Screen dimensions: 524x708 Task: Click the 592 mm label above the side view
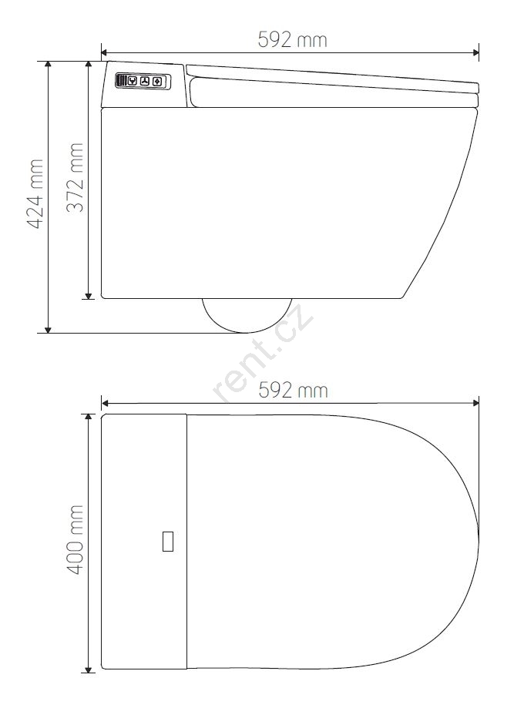pyautogui.click(x=292, y=40)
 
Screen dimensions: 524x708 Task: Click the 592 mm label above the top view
pyautogui.click(x=293, y=390)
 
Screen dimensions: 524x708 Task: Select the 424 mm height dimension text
pyautogui.click(x=35, y=193)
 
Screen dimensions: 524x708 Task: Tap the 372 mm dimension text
pyautogui.click(x=75, y=177)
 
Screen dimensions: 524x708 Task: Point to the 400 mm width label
pyautogui.click(x=75, y=540)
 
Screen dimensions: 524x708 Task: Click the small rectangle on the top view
pyautogui.click(x=167, y=542)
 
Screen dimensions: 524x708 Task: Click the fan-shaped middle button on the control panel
pyautogui.click(x=145, y=81)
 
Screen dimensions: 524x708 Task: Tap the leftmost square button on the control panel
pyautogui.click(x=133, y=81)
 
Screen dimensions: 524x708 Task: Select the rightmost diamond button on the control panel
pyautogui.click(x=157, y=82)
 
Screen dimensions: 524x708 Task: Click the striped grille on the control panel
pyautogui.click(x=122, y=81)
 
